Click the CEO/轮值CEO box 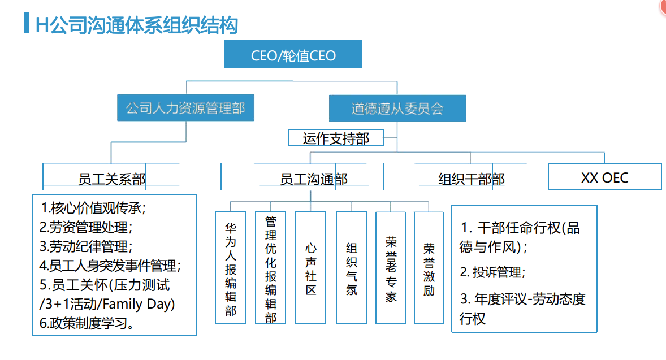tap(293, 55)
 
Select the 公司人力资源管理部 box tap(185, 108)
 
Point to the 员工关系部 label tap(111, 179)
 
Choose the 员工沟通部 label tap(313, 179)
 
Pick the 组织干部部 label tap(471, 179)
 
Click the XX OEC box tap(604, 177)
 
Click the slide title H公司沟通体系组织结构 tap(136, 25)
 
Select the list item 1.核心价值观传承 tap(93, 208)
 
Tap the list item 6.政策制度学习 tap(88, 324)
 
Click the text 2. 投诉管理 tap(492, 272)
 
